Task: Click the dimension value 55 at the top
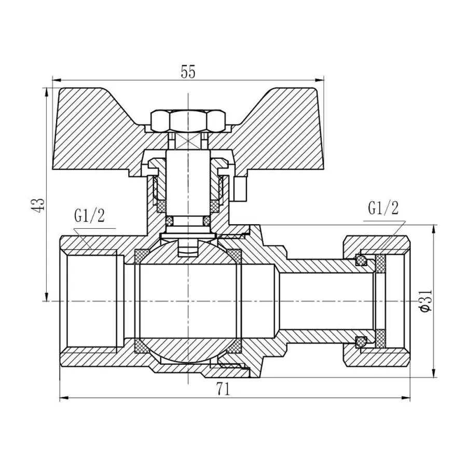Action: point(188,72)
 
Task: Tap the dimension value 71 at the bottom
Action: point(223,390)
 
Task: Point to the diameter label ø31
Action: point(424,300)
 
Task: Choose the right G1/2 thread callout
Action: point(383,209)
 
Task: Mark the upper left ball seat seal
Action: point(141,256)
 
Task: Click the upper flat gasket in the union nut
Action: point(381,265)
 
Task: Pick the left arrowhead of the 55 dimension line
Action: point(55,80)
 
